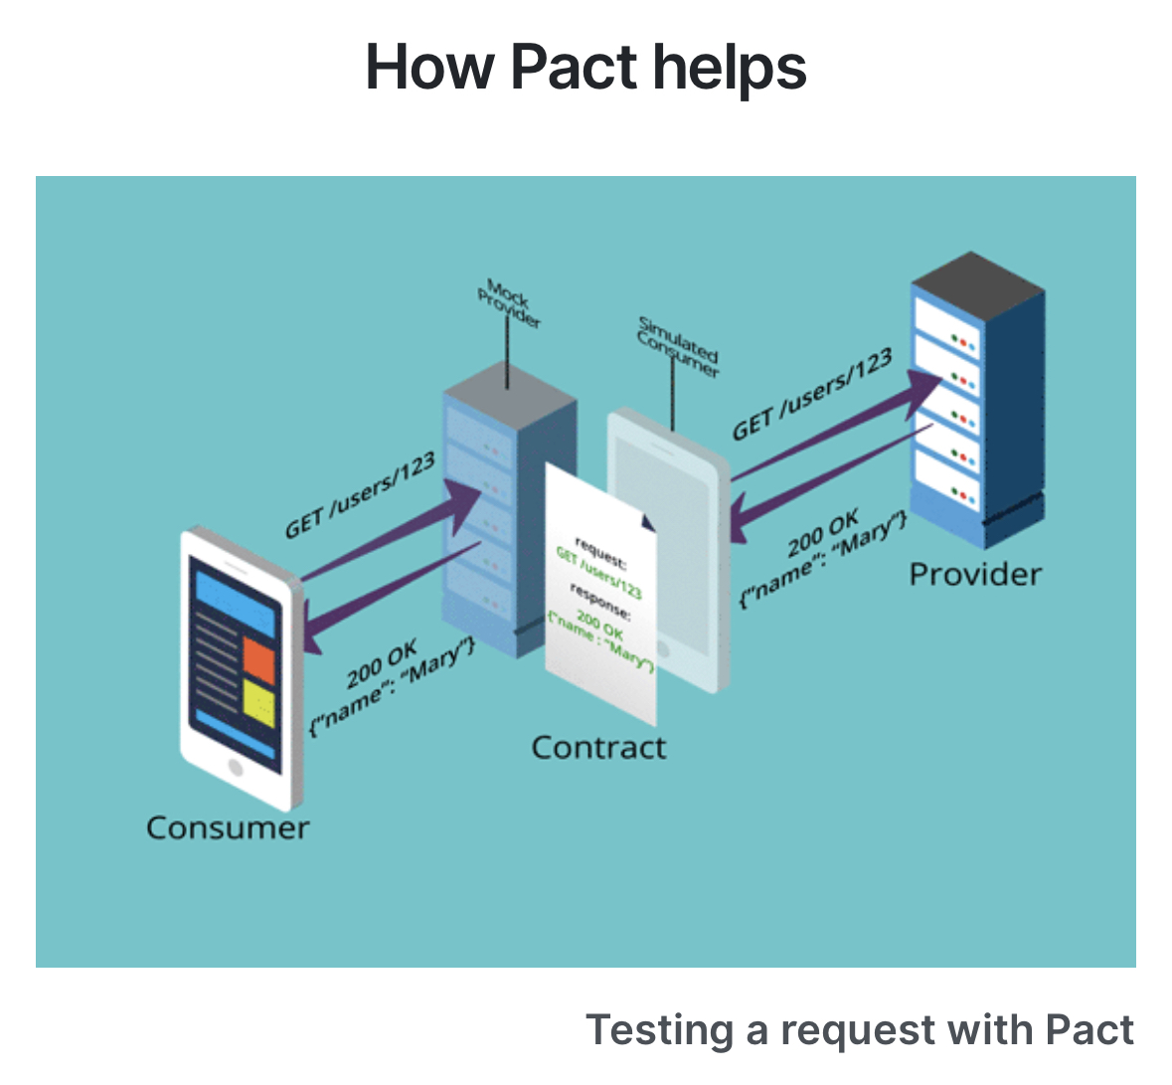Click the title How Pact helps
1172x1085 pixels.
tap(586, 68)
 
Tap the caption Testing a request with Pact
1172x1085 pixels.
tap(859, 1030)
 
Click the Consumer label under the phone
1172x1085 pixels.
tap(228, 827)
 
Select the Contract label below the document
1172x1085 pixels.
tap(598, 747)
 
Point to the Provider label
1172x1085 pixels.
tap(975, 574)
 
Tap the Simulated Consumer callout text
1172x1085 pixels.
tap(678, 347)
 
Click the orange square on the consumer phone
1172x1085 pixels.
tap(258, 659)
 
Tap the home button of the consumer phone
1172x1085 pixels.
tap(235, 768)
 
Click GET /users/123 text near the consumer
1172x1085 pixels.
tap(360, 494)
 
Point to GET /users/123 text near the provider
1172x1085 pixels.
tap(812, 395)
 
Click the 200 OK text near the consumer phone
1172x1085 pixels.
tap(382, 664)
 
